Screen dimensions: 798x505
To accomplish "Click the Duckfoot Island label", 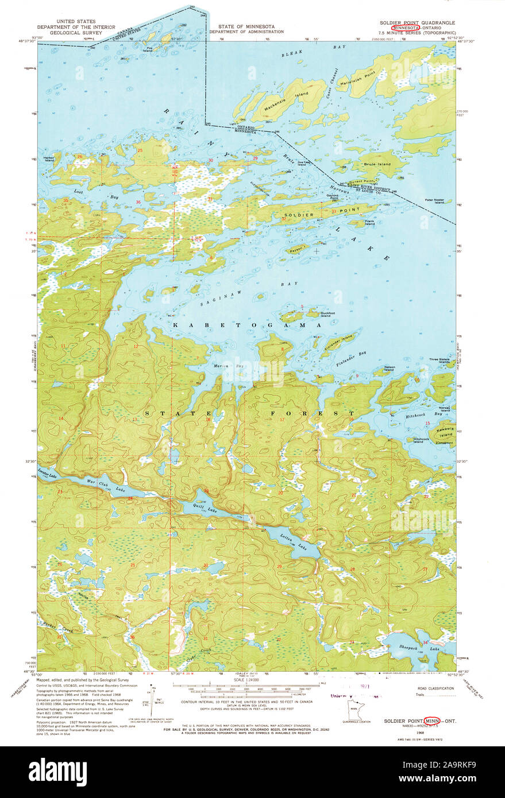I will pyautogui.click(x=326, y=315).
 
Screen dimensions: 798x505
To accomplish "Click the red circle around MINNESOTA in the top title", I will pyautogui.click(x=405, y=27).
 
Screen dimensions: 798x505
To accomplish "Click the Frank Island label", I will pyautogui.click(x=369, y=222).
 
